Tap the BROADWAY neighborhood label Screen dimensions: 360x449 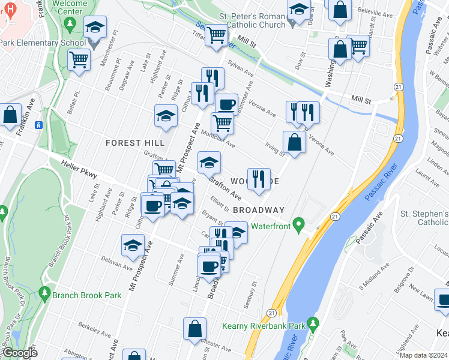(x=258, y=210)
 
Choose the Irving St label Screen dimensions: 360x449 (x=275, y=150)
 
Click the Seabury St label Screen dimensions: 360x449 (x=251, y=294)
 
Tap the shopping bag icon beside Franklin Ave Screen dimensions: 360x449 (x=10, y=115)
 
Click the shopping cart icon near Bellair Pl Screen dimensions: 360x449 (x=79, y=60)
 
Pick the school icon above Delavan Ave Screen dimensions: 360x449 (x=133, y=245)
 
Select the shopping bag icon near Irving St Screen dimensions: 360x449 (x=294, y=142)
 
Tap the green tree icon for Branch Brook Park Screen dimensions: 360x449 (x=44, y=294)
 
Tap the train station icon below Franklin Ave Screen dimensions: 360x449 (x=38, y=125)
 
